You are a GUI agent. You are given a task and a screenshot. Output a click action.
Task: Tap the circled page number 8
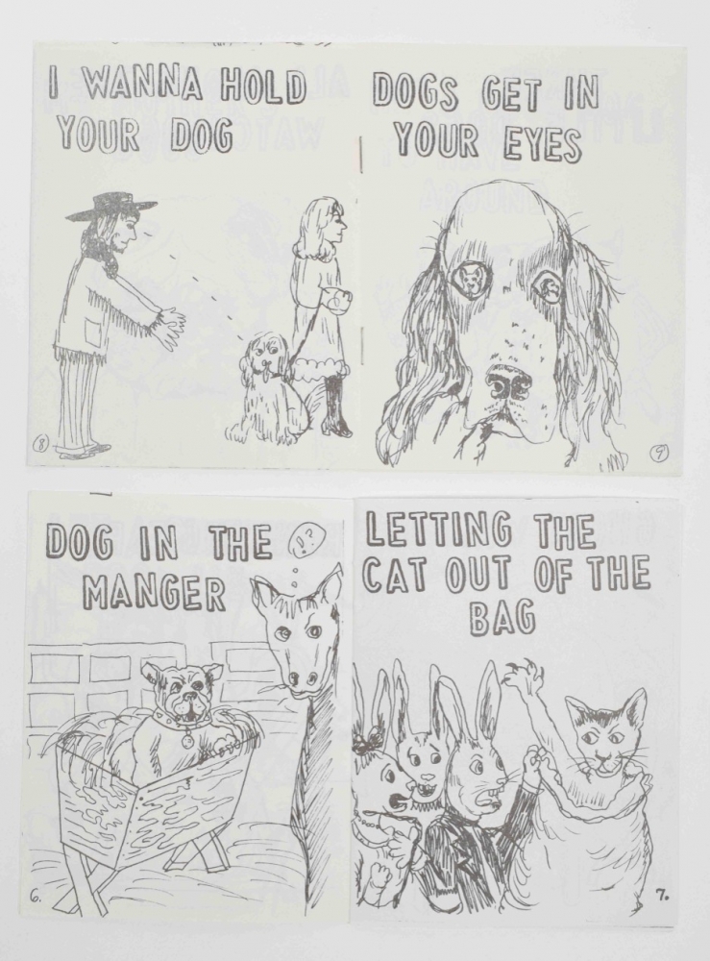(x=42, y=441)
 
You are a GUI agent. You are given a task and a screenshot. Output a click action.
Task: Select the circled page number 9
(x=658, y=453)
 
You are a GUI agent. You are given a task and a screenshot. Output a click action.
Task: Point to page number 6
(x=36, y=898)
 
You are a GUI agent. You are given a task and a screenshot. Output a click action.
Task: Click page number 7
(x=661, y=896)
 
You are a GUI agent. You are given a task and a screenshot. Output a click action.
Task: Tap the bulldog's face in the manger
(x=183, y=693)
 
